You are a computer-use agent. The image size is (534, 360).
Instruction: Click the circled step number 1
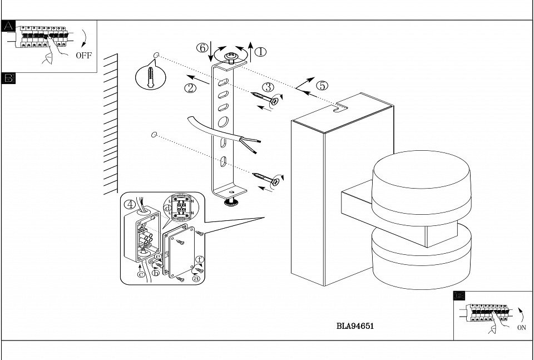pyautogui.click(x=260, y=52)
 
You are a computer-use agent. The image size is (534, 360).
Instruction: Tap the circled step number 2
pyautogui.click(x=191, y=87)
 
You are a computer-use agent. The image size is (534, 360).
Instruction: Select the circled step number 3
pyautogui.click(x=268, y=87)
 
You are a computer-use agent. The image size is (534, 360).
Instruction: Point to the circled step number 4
pyautogui.click(x=129, y=203)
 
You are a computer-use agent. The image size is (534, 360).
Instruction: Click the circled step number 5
pyautogui.click(x=322, y=86)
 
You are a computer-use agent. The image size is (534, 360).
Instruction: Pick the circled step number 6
pyautogui.click(x=203, y=48)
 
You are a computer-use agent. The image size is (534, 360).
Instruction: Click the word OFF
pyautogui.click(x=84, y=55)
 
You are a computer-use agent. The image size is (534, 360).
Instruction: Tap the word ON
pyautogui.click(x=521, y=328)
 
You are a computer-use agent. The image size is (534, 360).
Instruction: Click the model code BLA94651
pyautogui.click(x=355, y=327)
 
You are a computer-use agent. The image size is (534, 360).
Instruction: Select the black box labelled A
pyautogui.click(x=8, y=26)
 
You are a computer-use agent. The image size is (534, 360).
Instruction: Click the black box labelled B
pyautogui.click(x=8, y=77)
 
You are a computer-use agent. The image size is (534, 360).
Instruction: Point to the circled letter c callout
pyautogui.click(x=141, y=274)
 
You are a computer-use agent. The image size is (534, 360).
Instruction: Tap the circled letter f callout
pyautogui.click(x=200, y=259)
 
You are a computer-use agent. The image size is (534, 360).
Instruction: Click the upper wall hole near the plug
pyautogui.click(x=157, y=56)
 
